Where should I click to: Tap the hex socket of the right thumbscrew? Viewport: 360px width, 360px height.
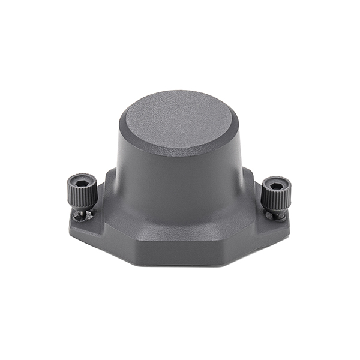[277, 186]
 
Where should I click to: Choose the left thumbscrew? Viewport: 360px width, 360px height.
[82, 192]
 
